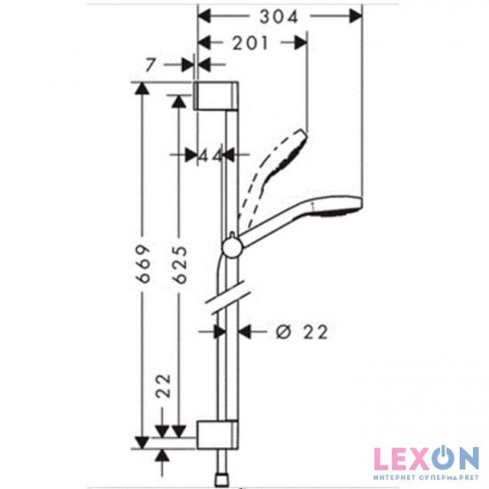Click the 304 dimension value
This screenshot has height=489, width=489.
click(279, 17)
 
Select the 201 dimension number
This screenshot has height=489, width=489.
click(250, 43)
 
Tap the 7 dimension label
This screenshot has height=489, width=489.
click(150, 65)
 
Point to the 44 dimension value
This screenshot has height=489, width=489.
click(212, 155)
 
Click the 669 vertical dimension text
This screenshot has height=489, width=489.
click(144, 264)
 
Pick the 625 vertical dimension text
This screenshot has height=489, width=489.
click(180, 265)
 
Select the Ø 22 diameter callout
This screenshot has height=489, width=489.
click(302, 332)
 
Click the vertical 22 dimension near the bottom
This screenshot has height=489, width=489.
click(164, 386)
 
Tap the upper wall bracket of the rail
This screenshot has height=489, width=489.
click(216, 96)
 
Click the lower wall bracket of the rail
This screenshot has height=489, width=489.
click(217, 435)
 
